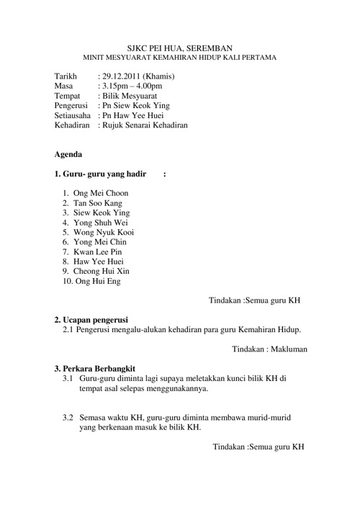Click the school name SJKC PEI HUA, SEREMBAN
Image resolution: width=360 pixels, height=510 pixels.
[180, 45]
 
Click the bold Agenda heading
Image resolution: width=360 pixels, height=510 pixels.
[68, 154]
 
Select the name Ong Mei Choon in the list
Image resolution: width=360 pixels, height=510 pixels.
[101, 194]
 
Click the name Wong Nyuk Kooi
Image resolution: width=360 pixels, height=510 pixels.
[104, 233]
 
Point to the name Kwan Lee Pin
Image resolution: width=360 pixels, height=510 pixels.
[98, 252]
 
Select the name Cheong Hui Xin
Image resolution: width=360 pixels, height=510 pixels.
[102, 272]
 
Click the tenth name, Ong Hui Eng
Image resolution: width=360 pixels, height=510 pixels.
[97, 282]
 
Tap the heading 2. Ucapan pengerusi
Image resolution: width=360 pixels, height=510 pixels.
[91, 319]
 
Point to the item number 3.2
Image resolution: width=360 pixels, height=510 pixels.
[68, 417]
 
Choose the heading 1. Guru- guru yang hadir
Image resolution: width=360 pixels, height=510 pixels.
[100, 174]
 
